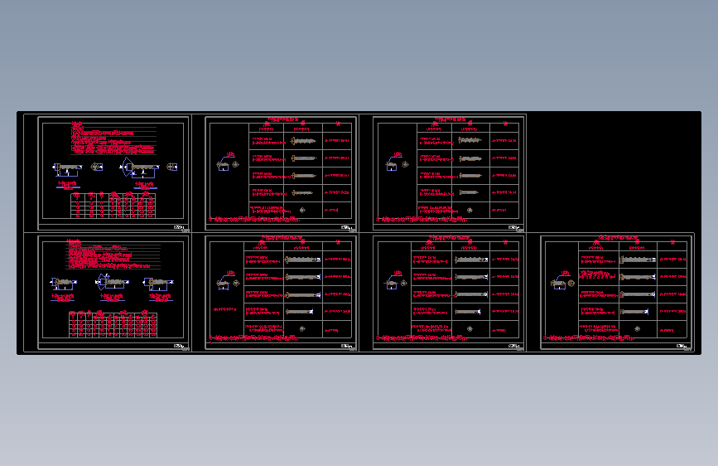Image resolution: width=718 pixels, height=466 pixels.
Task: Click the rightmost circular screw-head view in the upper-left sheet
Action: pos(173,167)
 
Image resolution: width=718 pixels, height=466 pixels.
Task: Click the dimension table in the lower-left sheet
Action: pos(112,324)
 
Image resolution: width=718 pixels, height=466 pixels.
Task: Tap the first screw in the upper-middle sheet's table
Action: pos(305,142)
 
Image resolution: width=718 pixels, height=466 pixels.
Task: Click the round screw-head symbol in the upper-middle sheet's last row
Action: pos(303,209)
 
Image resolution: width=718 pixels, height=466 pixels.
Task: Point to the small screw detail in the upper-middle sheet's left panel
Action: pos(224,164)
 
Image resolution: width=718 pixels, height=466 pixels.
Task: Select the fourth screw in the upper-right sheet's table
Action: pos(470,192)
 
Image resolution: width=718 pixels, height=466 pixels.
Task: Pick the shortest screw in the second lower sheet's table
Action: pos(301,311)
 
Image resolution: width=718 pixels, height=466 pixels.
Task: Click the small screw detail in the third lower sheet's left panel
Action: pos(391,284)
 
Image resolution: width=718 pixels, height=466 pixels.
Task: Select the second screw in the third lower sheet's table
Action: pos(471,277)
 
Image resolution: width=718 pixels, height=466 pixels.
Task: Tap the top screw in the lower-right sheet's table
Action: pos(638,260)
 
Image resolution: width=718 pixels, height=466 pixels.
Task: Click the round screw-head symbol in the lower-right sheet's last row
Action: pos(637,328)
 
